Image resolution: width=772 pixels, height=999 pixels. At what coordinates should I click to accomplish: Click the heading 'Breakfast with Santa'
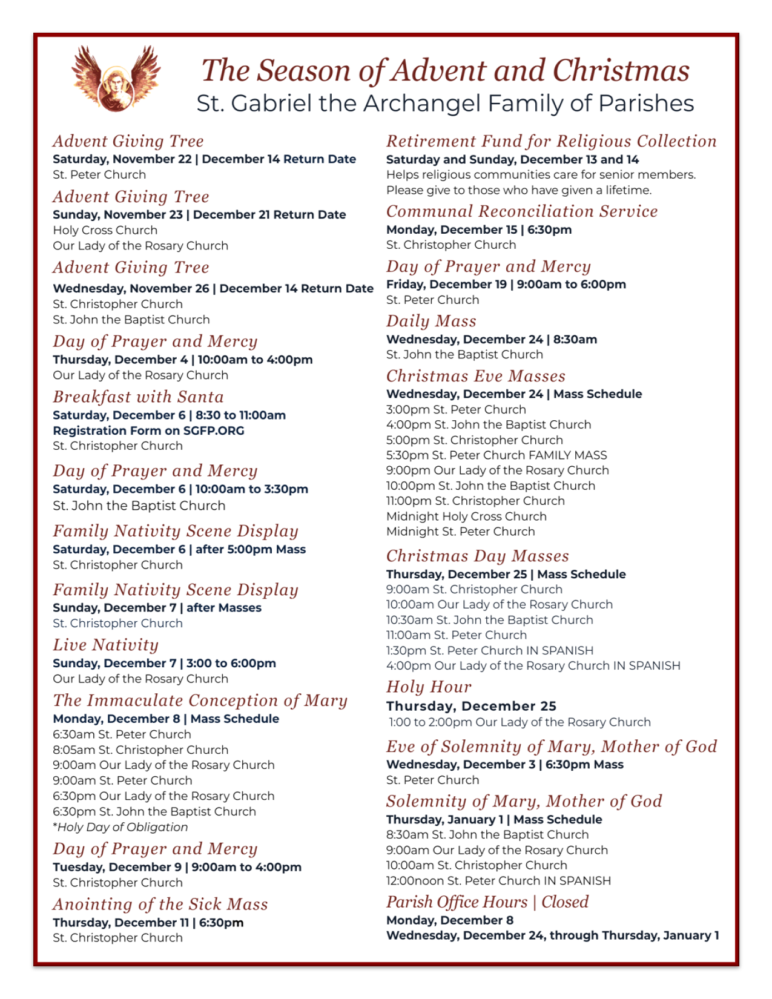tap(138, 397)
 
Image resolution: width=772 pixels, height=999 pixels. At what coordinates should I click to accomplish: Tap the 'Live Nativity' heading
tap(105, 645)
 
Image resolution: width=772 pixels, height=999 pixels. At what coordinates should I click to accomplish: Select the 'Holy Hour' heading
tap(429, 687)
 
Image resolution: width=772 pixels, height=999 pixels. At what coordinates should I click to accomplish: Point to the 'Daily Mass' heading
tap(431, 321)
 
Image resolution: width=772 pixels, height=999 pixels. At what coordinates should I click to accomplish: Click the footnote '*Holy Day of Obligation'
tap(120, 827)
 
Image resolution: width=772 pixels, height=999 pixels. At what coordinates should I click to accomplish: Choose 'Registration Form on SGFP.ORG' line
tap(148, 430)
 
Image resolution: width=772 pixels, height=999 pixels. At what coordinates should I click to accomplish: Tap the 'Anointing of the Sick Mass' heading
tap(160, 905)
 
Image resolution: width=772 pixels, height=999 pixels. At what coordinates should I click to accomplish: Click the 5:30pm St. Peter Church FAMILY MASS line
tap(497, 455)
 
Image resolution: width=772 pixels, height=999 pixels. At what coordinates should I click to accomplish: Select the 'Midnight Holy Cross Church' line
tap(466, 516)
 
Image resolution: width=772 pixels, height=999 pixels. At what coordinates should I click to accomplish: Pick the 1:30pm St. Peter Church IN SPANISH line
tap(490, 650)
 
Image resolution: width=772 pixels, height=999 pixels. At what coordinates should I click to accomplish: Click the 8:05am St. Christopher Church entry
tap(140, 750)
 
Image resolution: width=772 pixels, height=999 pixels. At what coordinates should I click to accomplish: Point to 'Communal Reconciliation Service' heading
tap(522, 211)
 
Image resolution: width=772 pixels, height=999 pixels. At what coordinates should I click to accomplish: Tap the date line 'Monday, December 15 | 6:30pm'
tap(479, 229)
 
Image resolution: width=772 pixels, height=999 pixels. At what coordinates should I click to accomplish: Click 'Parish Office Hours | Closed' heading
tap(487, 902)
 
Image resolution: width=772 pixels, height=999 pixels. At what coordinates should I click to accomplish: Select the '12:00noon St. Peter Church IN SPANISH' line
tap(498, 880)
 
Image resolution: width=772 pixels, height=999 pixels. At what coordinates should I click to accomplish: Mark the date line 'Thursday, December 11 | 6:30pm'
tap(148, 923)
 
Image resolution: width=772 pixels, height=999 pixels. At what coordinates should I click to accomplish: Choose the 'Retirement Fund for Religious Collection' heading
tap(551, 142)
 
